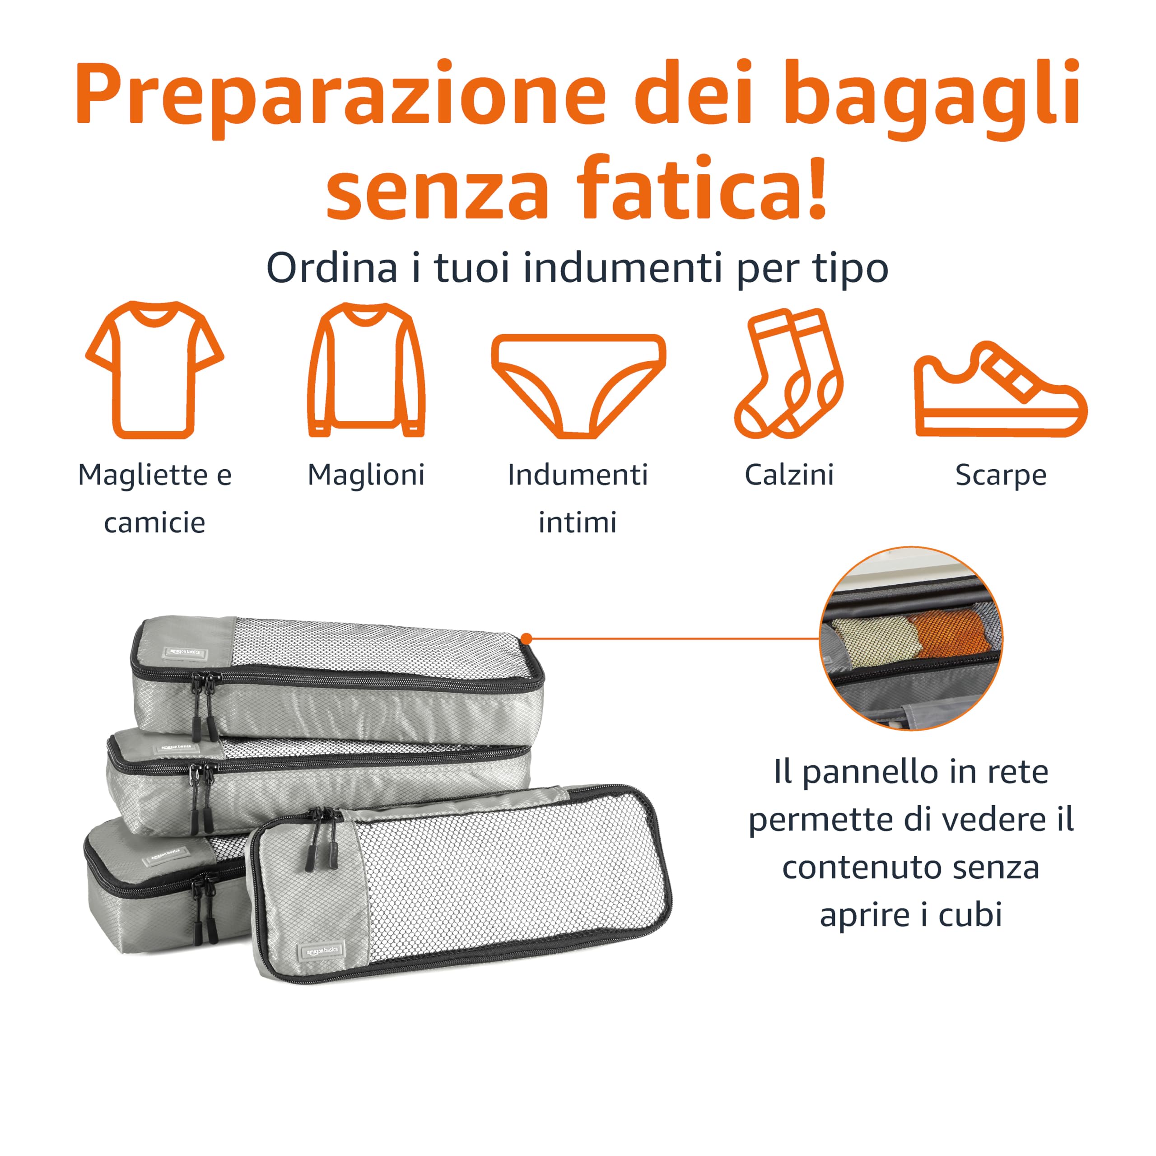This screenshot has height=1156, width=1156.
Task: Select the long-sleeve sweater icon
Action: point(366,370)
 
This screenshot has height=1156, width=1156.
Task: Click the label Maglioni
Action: point(366,475)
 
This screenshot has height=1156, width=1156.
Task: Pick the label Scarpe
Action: point(1000,475)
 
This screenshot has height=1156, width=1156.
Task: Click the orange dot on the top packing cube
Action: point(527,639)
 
